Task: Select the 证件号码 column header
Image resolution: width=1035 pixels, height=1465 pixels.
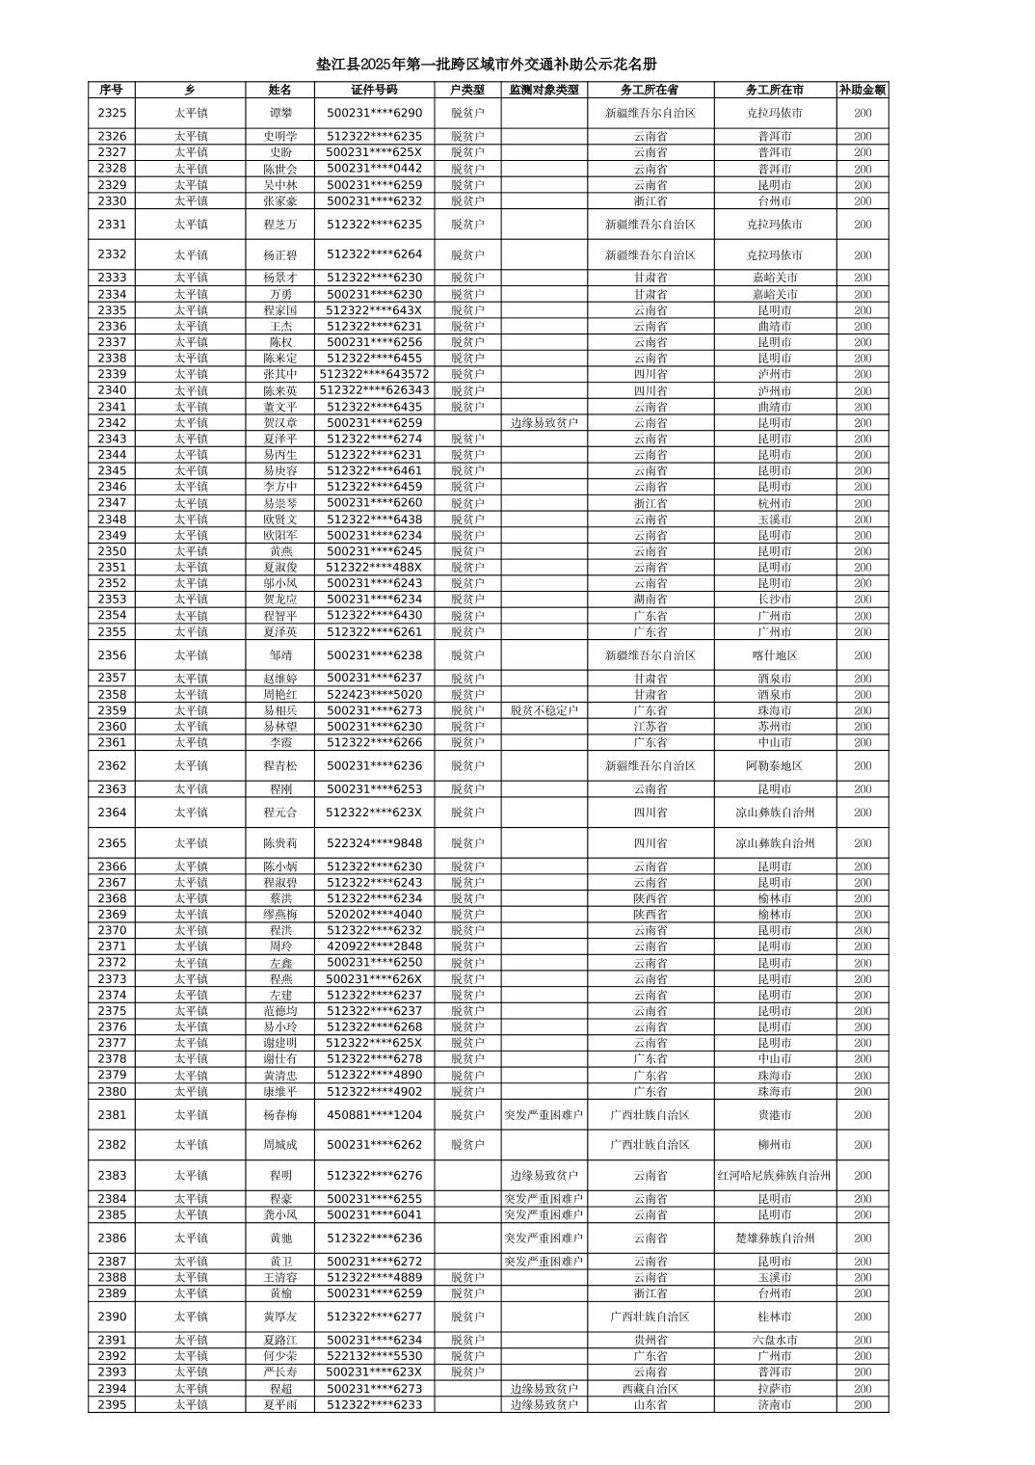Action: pos(374,90)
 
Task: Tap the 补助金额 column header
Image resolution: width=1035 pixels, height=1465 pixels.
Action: pos(862,90)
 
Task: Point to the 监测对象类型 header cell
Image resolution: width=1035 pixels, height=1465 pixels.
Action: pos(544,90)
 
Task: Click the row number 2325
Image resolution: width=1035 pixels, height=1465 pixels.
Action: pos(112,113)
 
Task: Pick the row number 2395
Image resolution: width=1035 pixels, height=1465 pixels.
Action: pos(112,1404)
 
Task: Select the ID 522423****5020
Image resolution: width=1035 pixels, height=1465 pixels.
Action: pos(374,694)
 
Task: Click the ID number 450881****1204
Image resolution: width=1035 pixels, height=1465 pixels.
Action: pos(374,1114)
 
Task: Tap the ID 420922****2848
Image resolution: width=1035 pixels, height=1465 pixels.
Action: pos(374,946)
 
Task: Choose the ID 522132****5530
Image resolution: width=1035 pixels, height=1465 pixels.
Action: pos(374,1355)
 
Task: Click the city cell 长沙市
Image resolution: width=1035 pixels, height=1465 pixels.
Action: pos(775,599)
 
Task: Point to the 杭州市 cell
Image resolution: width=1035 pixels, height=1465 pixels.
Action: pos(775,503)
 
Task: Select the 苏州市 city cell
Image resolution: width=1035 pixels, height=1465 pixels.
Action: pos(775,726)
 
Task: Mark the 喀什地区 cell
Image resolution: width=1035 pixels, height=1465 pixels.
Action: pos(775,655)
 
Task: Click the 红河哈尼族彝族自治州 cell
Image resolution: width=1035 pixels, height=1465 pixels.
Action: pos(775,1176)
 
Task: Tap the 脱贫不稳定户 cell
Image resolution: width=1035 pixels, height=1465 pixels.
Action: pos(544,710)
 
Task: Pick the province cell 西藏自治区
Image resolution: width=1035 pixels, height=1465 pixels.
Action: pos(650,1389)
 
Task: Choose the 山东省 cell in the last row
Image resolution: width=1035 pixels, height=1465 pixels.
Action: pos(650,1404)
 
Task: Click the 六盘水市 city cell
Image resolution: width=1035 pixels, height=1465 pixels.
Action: pos(775,1340)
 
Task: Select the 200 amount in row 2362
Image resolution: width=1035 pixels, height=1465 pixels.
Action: pos(862,765)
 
